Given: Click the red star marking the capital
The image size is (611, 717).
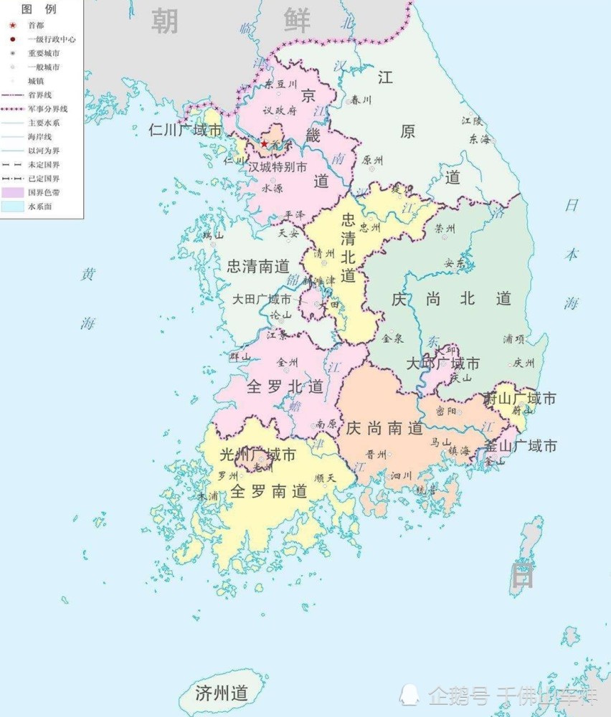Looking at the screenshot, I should click(x=264, y=144).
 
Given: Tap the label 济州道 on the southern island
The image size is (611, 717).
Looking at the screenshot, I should click(x=222, y=693).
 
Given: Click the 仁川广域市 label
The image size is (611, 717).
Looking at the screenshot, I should click(x=185, y=130).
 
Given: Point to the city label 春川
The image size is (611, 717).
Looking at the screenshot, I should click(x=363, y=100).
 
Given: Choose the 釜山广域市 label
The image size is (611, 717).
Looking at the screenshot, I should click(x=521, y=446).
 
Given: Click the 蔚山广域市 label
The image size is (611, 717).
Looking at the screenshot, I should click(x=520, y=398).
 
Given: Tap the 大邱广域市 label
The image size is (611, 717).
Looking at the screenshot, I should click(x=442, y=364).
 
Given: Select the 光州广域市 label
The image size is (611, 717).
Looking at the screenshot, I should click(x=257, y=455).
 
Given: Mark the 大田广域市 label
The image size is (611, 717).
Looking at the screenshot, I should click(x=261, y=300).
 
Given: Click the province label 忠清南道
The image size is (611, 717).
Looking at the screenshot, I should click(x=258, y=267).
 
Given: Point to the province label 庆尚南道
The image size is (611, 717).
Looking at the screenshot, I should click(x=384, y=429).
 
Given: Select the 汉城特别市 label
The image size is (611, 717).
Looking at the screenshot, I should click(x=278, y=167).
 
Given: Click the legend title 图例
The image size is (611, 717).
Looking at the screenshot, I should click(x=39, y=9).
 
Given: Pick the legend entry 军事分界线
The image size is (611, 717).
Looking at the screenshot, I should click(x=47, y=108).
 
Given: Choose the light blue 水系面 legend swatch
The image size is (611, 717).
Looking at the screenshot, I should click(x=13, y=206).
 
